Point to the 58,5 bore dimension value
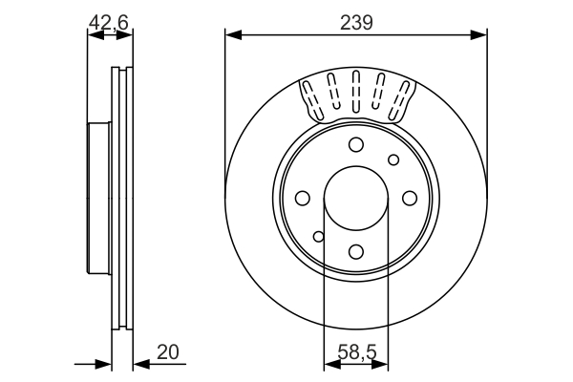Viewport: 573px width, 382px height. (355, 352)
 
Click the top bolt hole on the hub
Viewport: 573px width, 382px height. (356, 144)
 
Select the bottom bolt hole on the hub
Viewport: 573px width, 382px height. (356, 251)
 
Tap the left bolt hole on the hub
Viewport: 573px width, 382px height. (303, 198)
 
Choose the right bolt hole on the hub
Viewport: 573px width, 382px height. (410, 198)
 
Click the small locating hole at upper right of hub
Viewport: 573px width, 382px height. (393, 159)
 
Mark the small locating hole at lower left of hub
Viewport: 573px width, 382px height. (320, 236)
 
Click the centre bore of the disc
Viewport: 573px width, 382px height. (356, 198)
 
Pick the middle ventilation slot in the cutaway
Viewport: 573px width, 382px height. (356, 94)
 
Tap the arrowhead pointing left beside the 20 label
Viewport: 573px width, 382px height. (139, 363)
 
